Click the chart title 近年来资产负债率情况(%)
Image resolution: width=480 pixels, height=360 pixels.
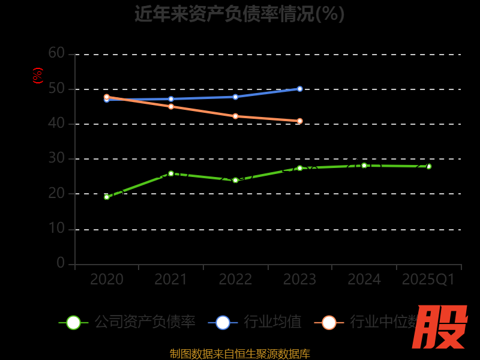239,13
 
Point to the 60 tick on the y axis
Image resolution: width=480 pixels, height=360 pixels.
56,53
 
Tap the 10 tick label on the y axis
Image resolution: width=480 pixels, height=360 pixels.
56,228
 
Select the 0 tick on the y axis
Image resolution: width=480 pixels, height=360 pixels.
61,263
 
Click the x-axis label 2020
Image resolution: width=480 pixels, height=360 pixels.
107,280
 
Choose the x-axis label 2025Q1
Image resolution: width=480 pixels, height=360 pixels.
428,280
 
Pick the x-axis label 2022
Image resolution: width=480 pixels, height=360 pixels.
235,280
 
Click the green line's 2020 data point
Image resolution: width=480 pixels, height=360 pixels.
107,197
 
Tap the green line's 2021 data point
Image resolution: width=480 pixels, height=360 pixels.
171,173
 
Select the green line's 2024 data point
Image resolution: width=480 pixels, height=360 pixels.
364,165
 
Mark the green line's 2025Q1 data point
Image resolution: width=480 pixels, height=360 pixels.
428,166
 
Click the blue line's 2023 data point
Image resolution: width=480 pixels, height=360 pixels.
300,89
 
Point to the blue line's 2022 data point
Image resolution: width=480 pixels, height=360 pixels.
235,97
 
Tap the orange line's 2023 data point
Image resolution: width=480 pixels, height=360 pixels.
300,121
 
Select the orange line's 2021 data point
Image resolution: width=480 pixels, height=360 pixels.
171,106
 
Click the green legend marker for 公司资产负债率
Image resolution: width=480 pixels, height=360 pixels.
73,322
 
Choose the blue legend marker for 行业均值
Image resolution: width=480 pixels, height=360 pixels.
223,322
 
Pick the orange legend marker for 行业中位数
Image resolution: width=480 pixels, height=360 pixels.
329,322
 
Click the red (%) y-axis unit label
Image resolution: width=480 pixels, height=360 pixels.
38,76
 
